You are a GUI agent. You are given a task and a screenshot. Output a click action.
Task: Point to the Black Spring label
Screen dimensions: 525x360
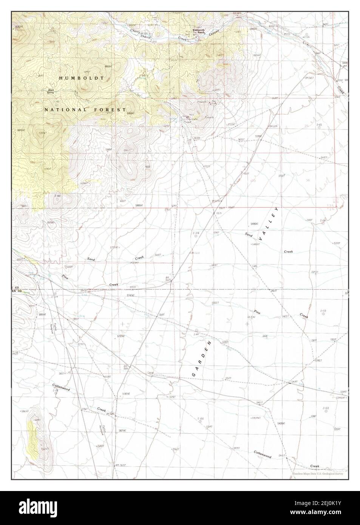click(x=51, y=90)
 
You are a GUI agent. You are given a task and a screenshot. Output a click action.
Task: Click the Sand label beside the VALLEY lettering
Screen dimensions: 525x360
click(x=249, y=235)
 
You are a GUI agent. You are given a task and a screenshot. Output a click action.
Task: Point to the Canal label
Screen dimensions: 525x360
click(x=150, y=372)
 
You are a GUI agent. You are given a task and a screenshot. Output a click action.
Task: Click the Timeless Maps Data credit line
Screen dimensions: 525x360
click(x=317, y=474)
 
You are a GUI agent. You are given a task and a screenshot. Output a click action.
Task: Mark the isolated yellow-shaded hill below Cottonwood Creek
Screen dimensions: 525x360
click(x=33, y=438)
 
